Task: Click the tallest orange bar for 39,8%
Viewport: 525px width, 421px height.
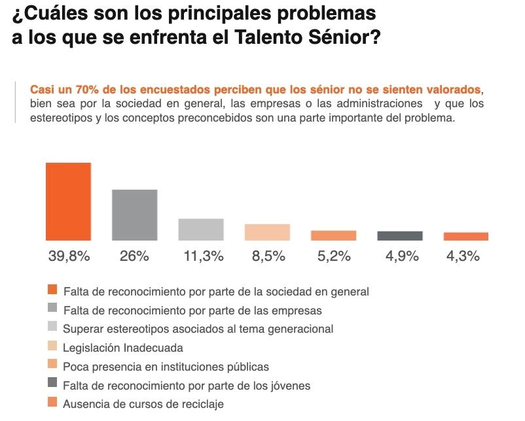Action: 68,201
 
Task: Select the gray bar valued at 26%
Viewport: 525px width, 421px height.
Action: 134,215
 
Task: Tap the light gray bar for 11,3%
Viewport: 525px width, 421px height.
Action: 201,229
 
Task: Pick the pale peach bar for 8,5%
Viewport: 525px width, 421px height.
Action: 267,232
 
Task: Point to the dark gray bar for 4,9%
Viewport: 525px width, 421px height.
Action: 399,236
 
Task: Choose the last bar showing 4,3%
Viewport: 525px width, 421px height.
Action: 465,237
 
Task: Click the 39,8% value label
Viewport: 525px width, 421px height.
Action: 69,256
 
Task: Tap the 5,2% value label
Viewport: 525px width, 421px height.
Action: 333,256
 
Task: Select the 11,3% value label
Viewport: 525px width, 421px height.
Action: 201,256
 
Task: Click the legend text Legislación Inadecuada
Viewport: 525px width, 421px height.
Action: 122,348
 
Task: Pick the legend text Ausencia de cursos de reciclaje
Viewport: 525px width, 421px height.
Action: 143,404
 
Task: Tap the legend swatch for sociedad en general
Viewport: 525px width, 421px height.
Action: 52,290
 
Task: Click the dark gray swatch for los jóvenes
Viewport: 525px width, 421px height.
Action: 52,384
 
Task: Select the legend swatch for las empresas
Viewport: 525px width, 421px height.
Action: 52,309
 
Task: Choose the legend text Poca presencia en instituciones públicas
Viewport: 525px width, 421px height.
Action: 166,366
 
